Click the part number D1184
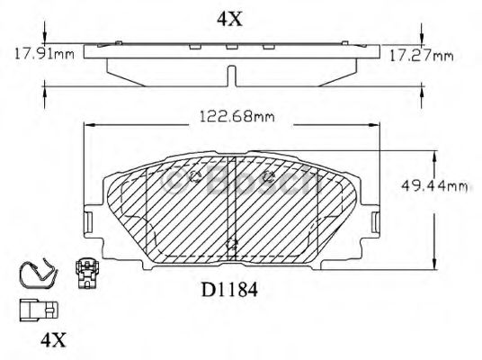tap(230, 291)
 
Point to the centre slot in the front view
tap(233, 207)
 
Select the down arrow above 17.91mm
tap(45, 36)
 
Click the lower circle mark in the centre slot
tap(233, 243)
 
